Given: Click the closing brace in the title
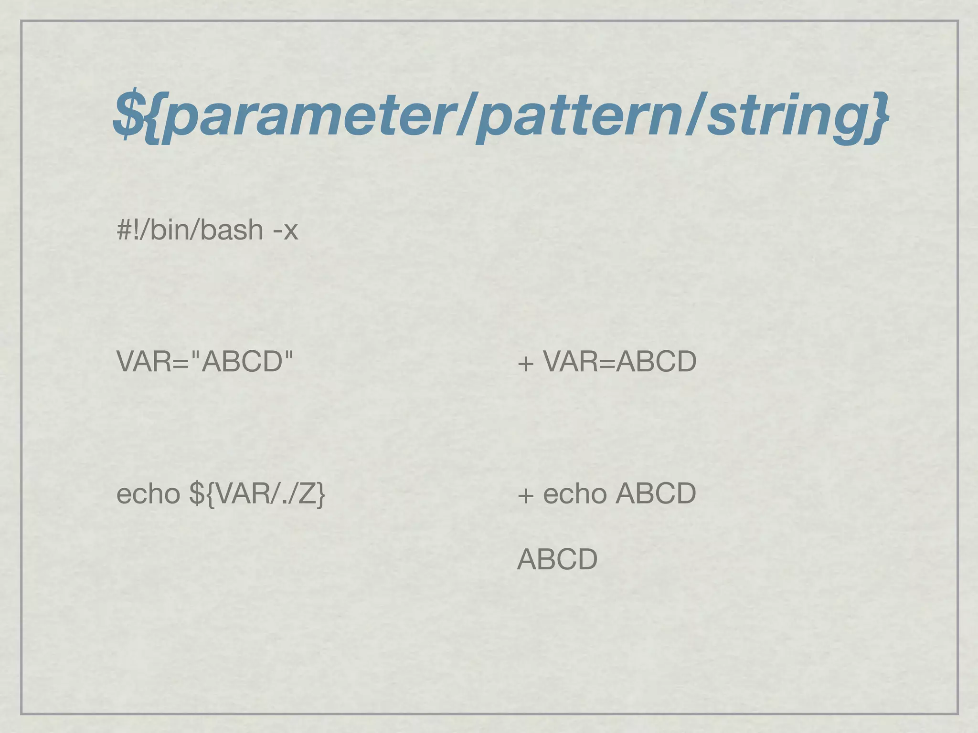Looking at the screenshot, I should [x=877, y=117].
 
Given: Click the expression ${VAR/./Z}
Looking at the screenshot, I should [x=257, y=494].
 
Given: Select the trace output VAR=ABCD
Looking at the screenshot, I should [x=620, y=361].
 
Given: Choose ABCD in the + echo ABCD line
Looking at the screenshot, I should [x=656, y=493].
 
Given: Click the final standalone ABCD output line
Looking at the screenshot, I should [x=557, y=559].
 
